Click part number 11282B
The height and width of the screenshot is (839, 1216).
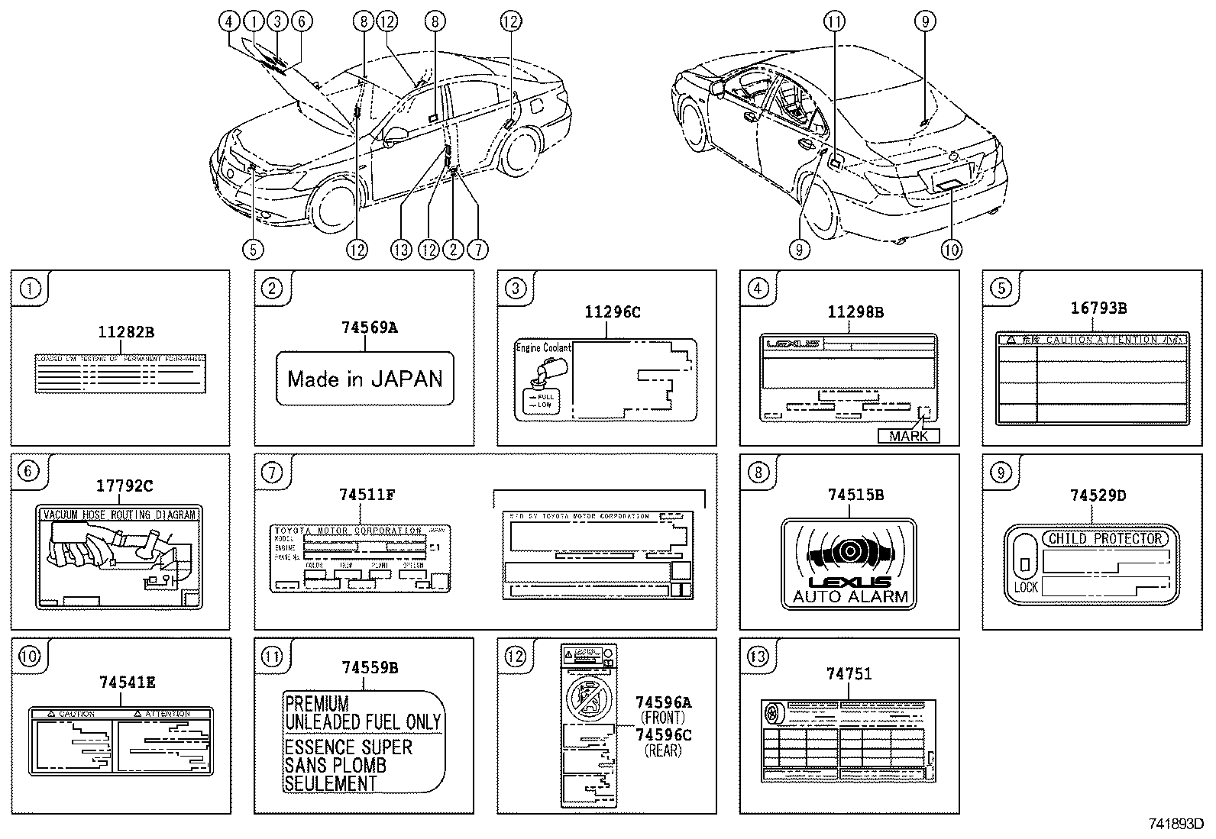126,332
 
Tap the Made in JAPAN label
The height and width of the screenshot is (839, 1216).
365,379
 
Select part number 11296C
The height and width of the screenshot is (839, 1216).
613,312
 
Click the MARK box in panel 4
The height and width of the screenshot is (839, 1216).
909,436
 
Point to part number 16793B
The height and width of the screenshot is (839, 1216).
1098,308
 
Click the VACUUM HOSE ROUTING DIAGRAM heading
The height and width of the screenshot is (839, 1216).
119,515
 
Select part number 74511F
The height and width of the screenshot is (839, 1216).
367,495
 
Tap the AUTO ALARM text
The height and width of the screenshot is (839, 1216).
850,597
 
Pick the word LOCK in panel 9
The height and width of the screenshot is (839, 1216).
1027,586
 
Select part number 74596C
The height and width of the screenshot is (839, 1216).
663,734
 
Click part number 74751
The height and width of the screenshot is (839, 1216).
849,674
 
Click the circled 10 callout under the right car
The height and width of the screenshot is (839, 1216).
952,249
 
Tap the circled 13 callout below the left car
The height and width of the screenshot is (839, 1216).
401,249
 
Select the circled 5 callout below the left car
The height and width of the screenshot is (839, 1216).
253,249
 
